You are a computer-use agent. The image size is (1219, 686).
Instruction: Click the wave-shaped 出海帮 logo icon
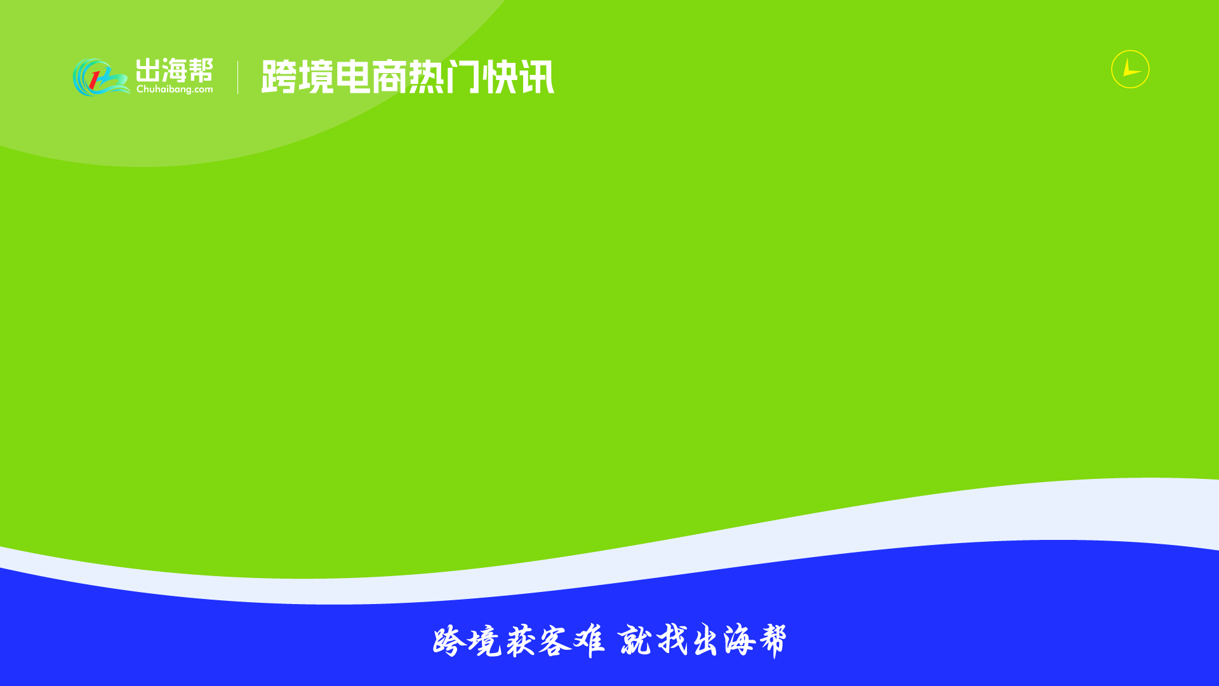tap(101, 77)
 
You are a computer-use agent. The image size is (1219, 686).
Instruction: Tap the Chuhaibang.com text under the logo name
tap(175, 90)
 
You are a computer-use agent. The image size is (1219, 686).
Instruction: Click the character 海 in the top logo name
tap(174, 70)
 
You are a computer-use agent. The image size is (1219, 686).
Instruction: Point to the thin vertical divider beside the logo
tap(238, 77)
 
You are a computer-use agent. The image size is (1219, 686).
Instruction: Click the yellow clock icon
tap(1130, 69)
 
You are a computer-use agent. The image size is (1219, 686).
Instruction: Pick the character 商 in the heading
tap(389, 77)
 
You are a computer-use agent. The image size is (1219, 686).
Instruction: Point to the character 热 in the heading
tap(426, 77)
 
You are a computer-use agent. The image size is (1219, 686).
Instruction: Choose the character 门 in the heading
tap(463, 77)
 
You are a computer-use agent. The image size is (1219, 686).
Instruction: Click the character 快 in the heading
tap(500, 77)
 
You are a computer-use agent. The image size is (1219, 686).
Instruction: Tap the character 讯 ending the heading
tap(536, 77)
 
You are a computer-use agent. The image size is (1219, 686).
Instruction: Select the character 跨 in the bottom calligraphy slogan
tap(449, 641)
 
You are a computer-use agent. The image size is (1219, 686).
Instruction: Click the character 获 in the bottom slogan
tap(521, 641)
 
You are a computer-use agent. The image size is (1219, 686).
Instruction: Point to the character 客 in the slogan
tap(555, 642)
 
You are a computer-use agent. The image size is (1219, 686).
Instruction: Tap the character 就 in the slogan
tap(635, 640)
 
